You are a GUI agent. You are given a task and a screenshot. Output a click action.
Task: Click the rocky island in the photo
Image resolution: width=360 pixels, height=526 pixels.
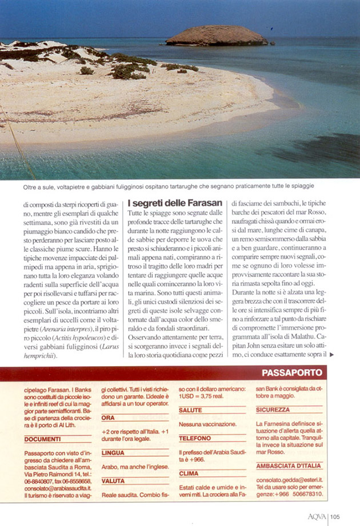pos(216,35)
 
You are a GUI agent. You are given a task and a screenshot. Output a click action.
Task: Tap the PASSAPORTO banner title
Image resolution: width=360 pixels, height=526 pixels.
pos(291,373)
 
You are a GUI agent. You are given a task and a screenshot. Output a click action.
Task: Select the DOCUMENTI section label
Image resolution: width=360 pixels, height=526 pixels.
pos(43,439)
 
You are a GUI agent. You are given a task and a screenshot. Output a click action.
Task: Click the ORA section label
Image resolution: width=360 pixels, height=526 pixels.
pos(108,417)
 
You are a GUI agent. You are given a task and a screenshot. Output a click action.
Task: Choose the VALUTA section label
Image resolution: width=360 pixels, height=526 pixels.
pos(113,481)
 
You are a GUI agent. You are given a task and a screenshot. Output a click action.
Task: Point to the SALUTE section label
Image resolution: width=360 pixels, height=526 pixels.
pos(190,410)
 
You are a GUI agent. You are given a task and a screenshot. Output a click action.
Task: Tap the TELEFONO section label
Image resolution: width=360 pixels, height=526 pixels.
pos(195,439)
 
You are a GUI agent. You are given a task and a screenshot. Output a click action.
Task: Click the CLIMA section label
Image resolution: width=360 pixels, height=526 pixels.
pos(189,473)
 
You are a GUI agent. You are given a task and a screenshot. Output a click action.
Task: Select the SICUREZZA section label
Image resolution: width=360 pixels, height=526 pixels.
pos(273,409)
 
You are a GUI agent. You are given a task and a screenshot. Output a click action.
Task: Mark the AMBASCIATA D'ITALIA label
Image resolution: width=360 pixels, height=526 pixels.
pos(289,465)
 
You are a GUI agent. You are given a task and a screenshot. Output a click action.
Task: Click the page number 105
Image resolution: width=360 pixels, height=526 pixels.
pos(335,517)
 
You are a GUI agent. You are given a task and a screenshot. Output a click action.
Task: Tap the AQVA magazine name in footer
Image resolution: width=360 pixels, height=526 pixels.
pos(316,517)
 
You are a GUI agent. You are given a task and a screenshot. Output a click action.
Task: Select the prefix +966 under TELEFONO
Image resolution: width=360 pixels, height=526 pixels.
pos(198,459)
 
